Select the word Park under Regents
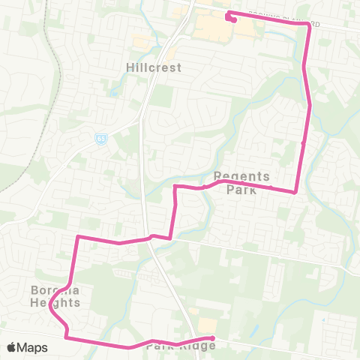pyautogui.click(x=241, y=190)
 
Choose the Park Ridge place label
pyautogui.click(x=181, y=346)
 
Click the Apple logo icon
pyautogui.click(x=11, y=347)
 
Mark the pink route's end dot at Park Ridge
pyautogui.click(x=213, y=338)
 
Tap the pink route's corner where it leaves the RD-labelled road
pyautogui.click(x=307, y=24)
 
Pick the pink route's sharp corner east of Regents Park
pyautogui.click(x=295, y=192)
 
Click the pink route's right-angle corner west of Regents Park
pyautogui.click(x=175, y=186)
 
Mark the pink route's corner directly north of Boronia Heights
pyautogui.click(x=77, y=238)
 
